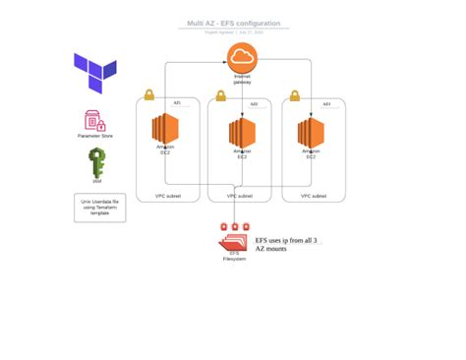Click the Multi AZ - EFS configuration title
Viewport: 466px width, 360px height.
234,24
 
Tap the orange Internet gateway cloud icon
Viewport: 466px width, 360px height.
241,57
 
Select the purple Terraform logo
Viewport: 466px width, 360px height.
95,73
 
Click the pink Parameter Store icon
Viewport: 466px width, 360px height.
94,121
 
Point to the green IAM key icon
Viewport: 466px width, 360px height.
96,161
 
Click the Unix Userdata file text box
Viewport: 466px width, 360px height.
99,208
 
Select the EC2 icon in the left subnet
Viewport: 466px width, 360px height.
165,129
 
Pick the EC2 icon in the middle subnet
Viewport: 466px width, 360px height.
242,132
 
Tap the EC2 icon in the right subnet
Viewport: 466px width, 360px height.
311,132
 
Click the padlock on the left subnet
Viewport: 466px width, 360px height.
149,94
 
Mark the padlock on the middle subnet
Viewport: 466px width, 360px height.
221,95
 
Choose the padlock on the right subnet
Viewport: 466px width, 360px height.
295,95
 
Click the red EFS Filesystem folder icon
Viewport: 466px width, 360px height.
234,241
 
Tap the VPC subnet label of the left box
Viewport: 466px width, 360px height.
167,196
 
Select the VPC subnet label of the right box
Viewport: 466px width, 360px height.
313,196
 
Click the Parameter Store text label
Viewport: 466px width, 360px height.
95,136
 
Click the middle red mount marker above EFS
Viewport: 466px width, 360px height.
235,227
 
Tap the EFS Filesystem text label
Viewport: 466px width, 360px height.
234,256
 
